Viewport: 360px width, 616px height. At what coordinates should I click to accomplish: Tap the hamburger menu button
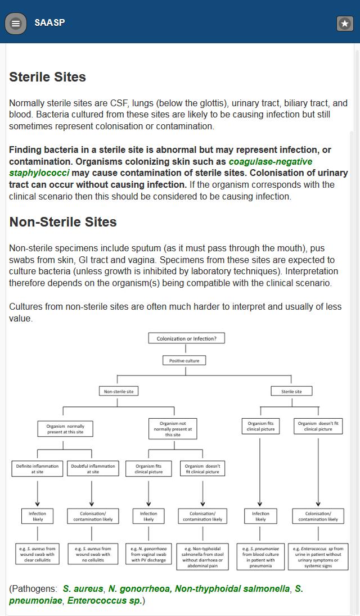click(x=16, y=23)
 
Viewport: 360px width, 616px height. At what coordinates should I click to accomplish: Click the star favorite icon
click(x=345, y=23)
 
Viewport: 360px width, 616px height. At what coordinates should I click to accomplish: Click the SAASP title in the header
click(x=49, y=22)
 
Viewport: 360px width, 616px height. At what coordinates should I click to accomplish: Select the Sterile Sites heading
click(x=48, y=77)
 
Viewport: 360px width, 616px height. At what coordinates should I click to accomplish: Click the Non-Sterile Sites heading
click(x=63, y=222)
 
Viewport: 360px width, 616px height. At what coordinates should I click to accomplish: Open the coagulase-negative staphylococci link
click(x=270, y=162)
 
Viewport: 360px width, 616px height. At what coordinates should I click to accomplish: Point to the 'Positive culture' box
click(x=184, y=361)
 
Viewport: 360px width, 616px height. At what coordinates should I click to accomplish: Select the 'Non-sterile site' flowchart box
click(x=119, y=391)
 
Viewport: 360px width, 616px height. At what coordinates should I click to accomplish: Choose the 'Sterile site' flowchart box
click(x=291, y=391)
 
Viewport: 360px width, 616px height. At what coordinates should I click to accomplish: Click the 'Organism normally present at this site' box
click(x=65, y=429)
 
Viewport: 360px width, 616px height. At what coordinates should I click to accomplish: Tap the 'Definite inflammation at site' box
click(x=37, y=469)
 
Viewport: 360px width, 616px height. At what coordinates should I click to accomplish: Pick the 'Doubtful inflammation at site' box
click(x=93, y=469)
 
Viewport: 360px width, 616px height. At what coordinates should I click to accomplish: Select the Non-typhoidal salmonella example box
click(x=202, y=557)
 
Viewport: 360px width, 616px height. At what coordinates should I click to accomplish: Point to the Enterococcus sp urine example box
click(x=318, y=557)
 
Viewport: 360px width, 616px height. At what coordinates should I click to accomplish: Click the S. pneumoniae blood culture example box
click(x=260, y=557)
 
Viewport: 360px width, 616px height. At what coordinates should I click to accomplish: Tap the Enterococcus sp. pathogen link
click(x=104, y=600)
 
